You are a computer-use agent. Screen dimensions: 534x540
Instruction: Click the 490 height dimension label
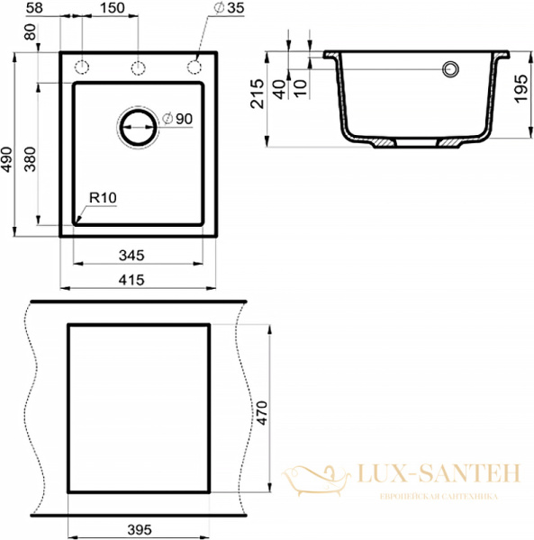pyautogui.click(x=6, y=159)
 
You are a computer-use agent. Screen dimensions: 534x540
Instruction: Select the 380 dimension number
pyautogui.click(x=31, y=159)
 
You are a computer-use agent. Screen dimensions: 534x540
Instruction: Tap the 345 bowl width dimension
pyautogui.click(x=131, y=256)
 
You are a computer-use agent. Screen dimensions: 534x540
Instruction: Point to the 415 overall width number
pyautogui.click(x=131, y=280)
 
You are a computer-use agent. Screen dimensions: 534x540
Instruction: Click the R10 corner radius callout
pyautogui.click(x=103, y=198)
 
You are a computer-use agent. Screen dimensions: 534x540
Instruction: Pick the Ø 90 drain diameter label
pyautogui.click(x=177, y=119)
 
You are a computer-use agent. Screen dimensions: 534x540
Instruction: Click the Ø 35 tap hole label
pyautogui.click(x=229, y=7)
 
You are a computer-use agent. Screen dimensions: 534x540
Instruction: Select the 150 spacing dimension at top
pyautogui.click(x=112, y=7)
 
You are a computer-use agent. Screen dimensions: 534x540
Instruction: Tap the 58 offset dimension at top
pyautogui.click(x=34, y=7)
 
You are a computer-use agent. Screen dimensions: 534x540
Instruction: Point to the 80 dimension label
pyautogui.click(x=31, y=31)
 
